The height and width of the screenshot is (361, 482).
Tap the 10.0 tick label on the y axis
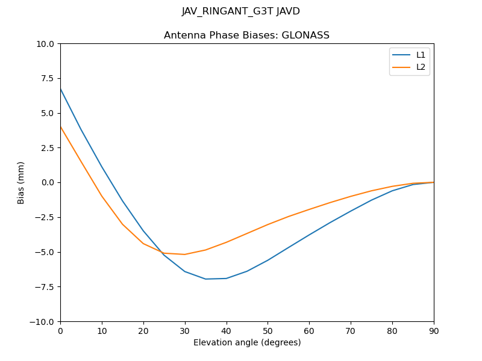click(46, 44)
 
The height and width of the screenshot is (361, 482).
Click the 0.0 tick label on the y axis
click(49, 182)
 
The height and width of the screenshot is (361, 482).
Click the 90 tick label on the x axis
click(434, 330)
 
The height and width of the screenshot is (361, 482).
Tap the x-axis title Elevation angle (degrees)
click(247, 342)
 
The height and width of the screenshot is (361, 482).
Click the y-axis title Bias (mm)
click(21, 182)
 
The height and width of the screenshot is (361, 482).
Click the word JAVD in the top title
click(288, 11)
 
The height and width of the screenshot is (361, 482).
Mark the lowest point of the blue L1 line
click(205, 279)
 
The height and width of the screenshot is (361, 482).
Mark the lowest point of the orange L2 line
click(184, 254)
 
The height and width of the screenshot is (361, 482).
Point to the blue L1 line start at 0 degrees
click(60, 88)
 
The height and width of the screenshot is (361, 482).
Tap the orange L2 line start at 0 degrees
click(60, 126)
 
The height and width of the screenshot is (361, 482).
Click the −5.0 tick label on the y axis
click(46, 252)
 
